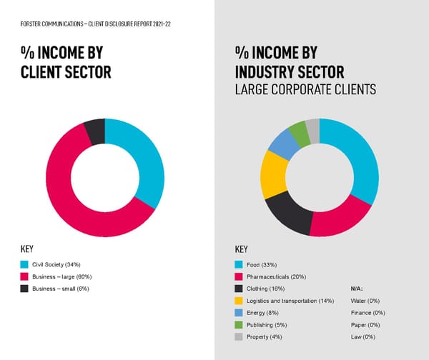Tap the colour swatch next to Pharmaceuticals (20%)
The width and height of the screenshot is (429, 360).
[239, 276]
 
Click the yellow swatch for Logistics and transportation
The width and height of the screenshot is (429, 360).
[239, 301]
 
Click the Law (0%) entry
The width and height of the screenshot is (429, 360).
[364, 336]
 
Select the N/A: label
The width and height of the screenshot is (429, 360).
[357, 289]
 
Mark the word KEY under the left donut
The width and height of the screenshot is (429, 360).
[28, 249]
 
